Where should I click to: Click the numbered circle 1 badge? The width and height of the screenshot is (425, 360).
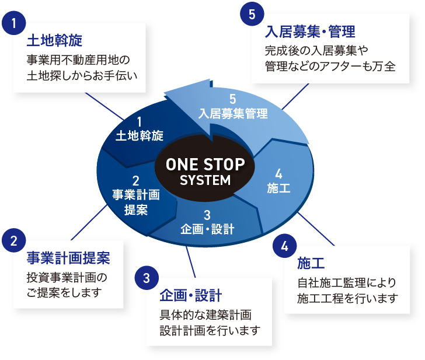13,24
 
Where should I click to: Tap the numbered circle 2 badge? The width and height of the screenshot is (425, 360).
13,240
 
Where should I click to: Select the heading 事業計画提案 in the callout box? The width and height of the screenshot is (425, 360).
68,257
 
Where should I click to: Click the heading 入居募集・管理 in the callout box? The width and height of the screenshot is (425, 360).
310,30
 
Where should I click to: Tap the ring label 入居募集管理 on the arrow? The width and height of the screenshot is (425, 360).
233,113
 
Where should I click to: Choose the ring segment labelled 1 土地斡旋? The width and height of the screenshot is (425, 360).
140,129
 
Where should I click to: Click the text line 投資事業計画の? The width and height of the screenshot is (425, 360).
68,277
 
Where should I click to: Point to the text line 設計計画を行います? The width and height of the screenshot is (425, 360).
210,331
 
